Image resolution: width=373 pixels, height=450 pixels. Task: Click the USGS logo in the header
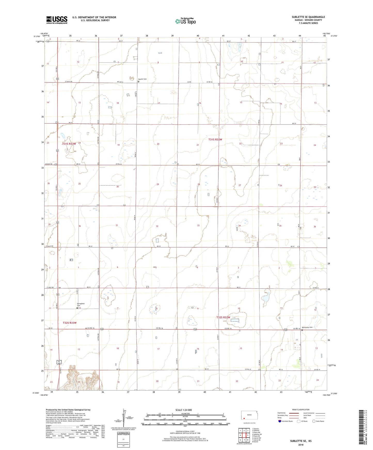click(x=57, y=20)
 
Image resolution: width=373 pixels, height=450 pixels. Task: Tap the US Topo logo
click(x=185, y=21)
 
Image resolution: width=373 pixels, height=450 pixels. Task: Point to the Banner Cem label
click(x=142, y=79)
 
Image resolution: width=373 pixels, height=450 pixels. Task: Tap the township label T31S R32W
click(x=215, y=139)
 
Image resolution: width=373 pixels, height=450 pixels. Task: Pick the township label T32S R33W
click(x=69, y=323)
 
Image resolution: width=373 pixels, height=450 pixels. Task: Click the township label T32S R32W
click(x=223, y=318)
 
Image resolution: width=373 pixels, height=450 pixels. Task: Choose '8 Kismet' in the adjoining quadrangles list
click(x=256, y=442)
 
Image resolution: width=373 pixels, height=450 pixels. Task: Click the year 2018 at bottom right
click(x=301, y=445)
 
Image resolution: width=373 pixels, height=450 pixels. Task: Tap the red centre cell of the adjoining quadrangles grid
click(x=244, y=436)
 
